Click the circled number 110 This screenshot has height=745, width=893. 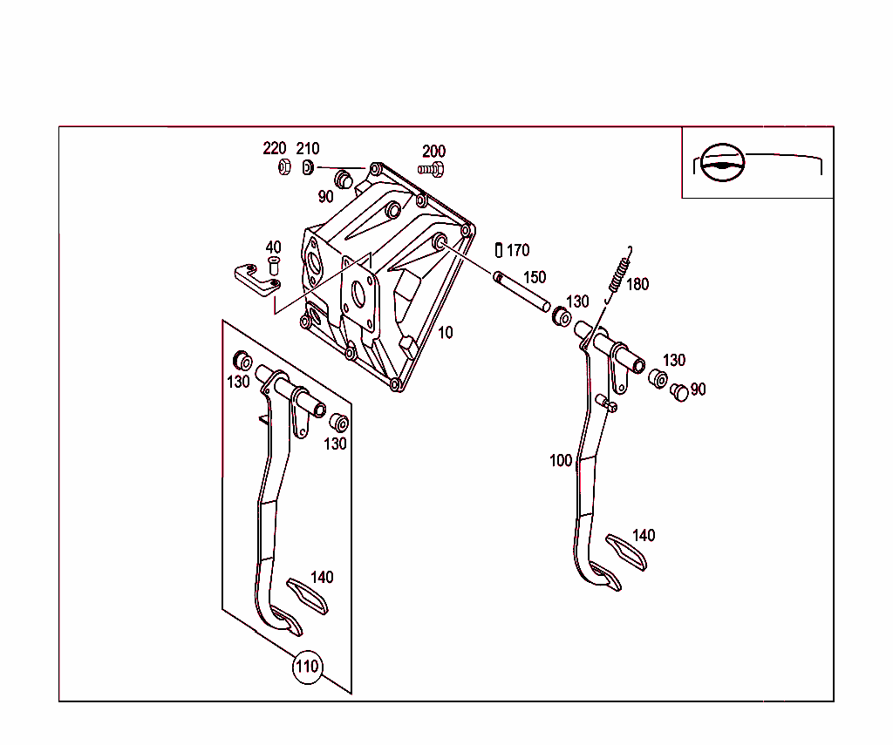pyautogui.click(x=306, y=668)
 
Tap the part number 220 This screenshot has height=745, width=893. pyautogui.click(x=275, y=148)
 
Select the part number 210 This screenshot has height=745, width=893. pyautogui.click(x=308, y=149)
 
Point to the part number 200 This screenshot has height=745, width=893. pyautogui.click(x=433, y=152)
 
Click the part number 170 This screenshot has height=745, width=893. pyautogui.click(x=518, y=251)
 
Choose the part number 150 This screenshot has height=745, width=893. pyautogui.click(x=535, y=278)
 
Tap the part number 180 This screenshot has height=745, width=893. pyautogui.click(x=637, y=284)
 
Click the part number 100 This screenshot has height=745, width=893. pyautogui.click(x=561, y=460)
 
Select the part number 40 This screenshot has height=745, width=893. pyautogui.click(x=273, y=247)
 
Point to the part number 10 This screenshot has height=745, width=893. pyautogui.click(x=446, y=333)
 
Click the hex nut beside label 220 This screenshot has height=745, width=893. pyautogui.click(x=283, y=166)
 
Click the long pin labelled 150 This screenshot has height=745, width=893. pyautogui.click(x=521, y=292)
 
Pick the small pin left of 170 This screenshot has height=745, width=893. pyautogui.click(x=499, y=250)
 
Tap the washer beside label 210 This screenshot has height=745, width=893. pyautogui.click(x=308, y=166)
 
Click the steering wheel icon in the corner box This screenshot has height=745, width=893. pyautogui.click(x=723, y=162)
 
